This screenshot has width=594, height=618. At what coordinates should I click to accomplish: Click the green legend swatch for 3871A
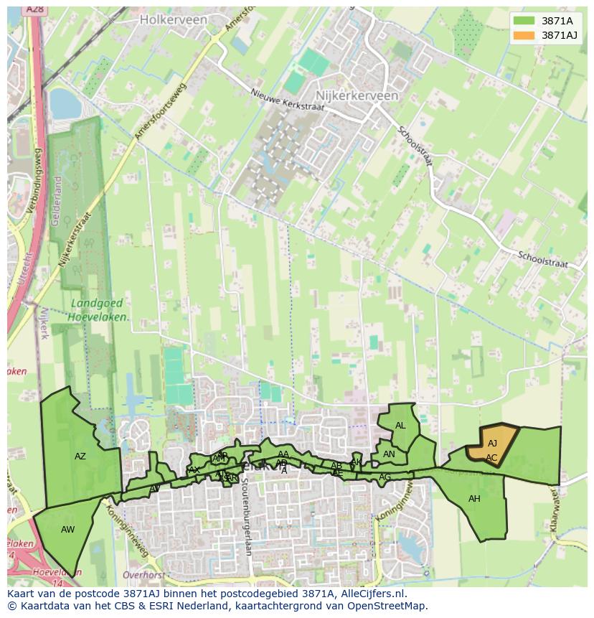(524, 21)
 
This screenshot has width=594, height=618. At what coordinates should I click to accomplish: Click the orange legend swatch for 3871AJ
(524, 35)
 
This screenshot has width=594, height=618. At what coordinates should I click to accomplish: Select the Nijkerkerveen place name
(357, 95)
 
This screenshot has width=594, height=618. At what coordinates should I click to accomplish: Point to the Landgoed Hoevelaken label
(100, 310)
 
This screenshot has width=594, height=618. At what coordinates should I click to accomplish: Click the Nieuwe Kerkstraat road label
(287, 100)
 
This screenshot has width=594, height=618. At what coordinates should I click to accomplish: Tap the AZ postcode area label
(80, 457)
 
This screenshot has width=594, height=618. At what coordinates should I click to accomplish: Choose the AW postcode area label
(68, 530)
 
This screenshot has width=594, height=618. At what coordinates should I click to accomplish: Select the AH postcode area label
(474, 499)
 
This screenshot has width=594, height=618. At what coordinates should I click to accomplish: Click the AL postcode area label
(400, 426)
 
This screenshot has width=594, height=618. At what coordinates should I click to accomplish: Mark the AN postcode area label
(389, 454)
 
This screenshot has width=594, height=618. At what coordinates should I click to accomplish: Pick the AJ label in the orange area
(492, 444)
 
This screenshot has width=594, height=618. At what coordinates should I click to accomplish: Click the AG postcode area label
(385, 477)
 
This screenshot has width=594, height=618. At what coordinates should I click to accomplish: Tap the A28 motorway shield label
(34, 9)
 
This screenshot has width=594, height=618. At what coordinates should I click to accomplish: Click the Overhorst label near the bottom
(144, 575)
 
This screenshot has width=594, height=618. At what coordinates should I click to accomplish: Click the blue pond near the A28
(65, 104)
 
